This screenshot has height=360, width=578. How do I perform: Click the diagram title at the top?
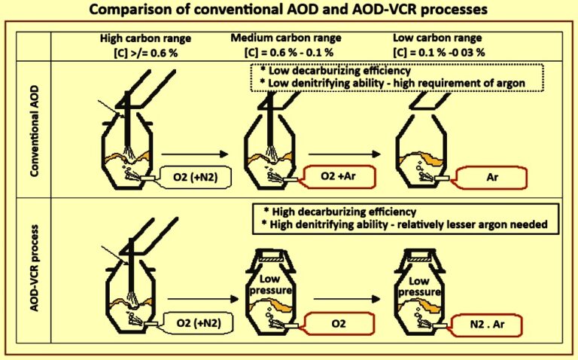tap(290, 11)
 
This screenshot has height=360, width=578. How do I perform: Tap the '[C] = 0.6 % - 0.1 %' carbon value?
tap(293, 49)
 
